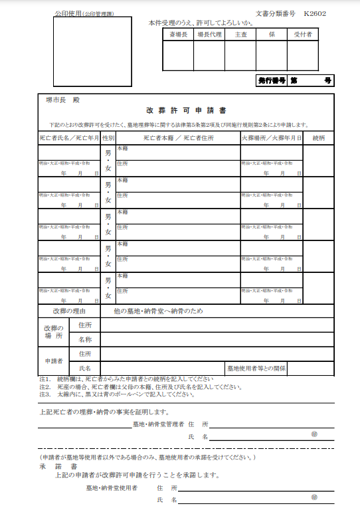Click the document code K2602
[x=315, y=13]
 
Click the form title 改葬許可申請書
[x=187, y=111]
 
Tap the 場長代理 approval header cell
[x=209, y=33]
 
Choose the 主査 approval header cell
[x=240, y=33]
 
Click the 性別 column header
[x=108, y=138]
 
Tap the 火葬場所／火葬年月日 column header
[x=271, y=138]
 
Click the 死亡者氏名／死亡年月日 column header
[x=69, y=138]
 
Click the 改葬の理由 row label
[x=69, y=311]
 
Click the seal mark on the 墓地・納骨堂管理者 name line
[x=314, y=433]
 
